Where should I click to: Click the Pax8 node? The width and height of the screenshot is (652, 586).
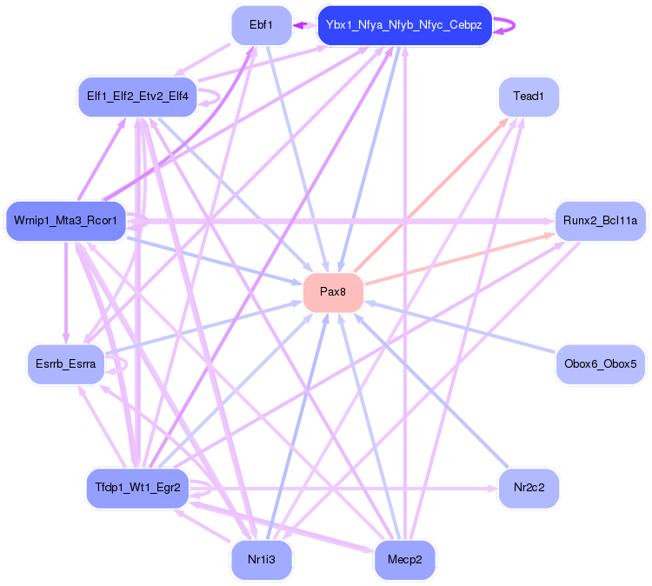(x=333, y=292)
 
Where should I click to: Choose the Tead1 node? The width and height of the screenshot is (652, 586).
(x=528, y=97)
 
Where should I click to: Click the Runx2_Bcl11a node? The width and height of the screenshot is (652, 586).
(x=600, y=221)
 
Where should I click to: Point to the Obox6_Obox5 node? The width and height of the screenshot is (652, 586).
(x=600, y=363)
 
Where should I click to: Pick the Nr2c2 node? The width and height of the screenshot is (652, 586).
(x=528, y=488)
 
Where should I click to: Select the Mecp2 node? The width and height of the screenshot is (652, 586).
(x=404, y=560)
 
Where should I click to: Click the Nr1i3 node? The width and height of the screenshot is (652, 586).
(x=261, y=560)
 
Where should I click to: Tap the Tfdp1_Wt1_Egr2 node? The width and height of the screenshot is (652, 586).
(x=137, y=488)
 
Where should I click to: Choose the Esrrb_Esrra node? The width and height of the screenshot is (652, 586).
(x=65, y=363)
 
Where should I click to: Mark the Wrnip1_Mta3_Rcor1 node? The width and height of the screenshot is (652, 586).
(x=65, y=221)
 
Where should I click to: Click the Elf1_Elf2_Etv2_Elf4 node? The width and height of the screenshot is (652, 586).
(x=137, y=97)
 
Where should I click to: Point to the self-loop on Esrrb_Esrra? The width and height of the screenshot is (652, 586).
(x=123, y=365)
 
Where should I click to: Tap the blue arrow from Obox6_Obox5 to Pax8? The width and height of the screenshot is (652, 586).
(x=461, y=327)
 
